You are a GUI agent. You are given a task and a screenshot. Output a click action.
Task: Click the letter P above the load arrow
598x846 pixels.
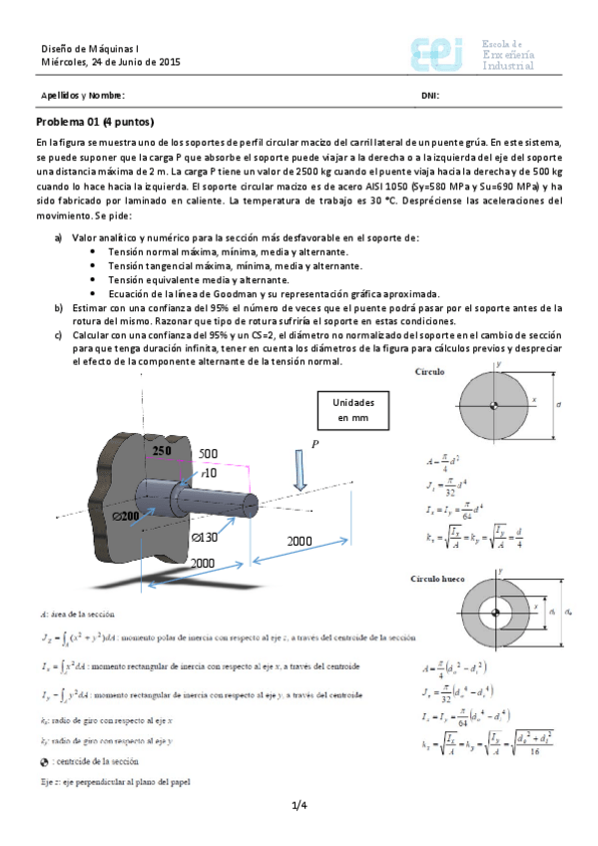(315, 443)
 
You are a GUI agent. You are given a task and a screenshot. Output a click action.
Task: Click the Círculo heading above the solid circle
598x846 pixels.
(431, 371)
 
